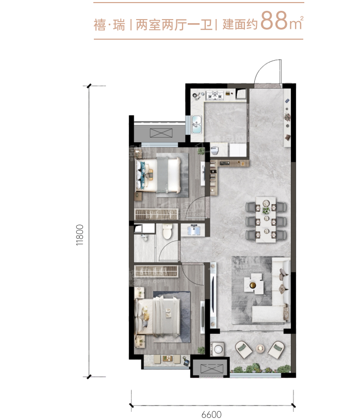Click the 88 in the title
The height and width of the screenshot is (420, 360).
(274, 21)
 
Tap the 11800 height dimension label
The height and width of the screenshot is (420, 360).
(79, 235)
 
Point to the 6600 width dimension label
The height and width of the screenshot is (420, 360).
(211, 414)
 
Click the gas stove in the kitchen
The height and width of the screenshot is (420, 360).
(215, 95)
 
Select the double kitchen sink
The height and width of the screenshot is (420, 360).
(197, 124)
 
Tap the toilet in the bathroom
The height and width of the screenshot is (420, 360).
(168, 231)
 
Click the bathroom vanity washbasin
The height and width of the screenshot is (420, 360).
(193, 230)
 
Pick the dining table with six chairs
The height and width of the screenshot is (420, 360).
(266, 220)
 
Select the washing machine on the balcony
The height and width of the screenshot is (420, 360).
(217, 349)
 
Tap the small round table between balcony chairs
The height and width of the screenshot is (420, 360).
(260, 348)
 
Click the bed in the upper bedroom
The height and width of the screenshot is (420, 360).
(158, 175)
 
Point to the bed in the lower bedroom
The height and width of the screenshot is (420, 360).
(158, 316)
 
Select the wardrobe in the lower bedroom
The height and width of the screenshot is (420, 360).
(156, 271)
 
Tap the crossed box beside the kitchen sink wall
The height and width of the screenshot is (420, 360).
(161, 133)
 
